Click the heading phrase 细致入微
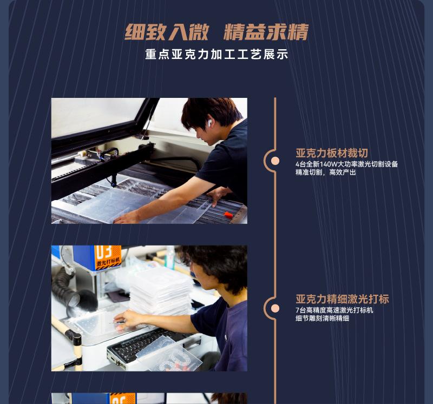(166, 32)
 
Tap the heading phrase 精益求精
(266, 32)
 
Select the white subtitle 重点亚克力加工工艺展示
(216, 55)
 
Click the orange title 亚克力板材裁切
(332, 153)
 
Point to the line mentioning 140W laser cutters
(346, 164)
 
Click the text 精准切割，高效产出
(326, 173)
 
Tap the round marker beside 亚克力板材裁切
(275, 161)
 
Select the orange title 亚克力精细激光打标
(342, 299)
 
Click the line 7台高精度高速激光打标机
(334, 310)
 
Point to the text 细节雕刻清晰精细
(322, 319)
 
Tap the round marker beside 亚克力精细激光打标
(275, 308)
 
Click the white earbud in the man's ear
(209, 123)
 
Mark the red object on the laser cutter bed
(228, 215)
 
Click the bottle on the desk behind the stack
(170, 258)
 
